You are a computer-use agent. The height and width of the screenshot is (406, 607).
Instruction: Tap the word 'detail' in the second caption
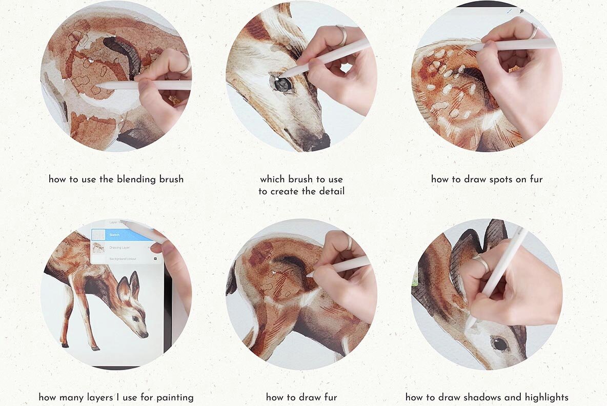pyautogui.click(x=331, y=191)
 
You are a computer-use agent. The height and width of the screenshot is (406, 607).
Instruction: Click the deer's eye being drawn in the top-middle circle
pyautogui.click(x=281, y=84)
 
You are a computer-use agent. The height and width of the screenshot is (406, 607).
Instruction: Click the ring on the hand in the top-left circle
pyautogui.click(x=185, y=64)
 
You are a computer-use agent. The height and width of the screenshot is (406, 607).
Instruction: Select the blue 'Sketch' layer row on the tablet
pyautogui.click(x=123, y=235)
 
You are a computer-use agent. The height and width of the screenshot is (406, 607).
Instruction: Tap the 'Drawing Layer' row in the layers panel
pyautogui.click(x=120, y=248)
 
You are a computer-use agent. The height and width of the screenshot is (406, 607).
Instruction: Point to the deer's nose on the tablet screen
pyautogui.click(x=146, y=334)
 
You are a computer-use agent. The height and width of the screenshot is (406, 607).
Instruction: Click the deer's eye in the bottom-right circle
pyautogui.click(x=499, y=343)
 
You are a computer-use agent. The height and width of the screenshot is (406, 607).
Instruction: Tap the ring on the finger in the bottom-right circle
pyautogui.click(x=480, y=263)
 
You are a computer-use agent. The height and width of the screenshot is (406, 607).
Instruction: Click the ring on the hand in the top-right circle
pyautogui.click(x=534, y=32)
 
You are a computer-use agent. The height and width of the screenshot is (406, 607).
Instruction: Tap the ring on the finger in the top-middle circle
pyautogui.click(x=341, y=35)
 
